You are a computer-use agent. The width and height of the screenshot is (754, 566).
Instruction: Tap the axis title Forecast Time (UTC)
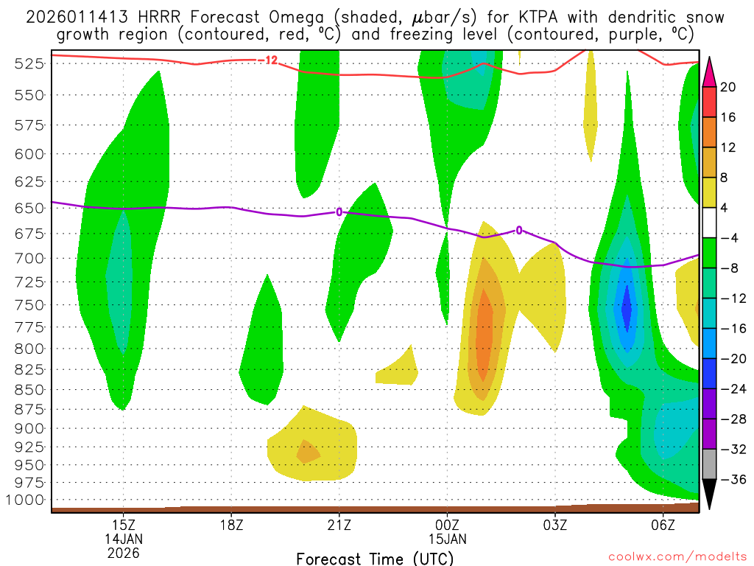pyautogui.click(x=375, y=558)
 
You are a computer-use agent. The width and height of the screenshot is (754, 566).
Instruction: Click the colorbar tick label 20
pyautogui.click(x=728, y=87)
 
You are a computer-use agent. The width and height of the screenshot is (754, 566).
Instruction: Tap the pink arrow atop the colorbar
pyautogui.click(x=710, y=71)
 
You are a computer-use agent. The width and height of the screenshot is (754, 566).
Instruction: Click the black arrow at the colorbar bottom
pyautogui.click(x=710, y=495)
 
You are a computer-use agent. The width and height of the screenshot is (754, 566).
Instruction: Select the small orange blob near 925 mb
pyautogui.click(x=308, y=451)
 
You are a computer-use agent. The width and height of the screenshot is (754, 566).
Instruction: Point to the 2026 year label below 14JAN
pyautogui.click(x=124, y=552)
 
